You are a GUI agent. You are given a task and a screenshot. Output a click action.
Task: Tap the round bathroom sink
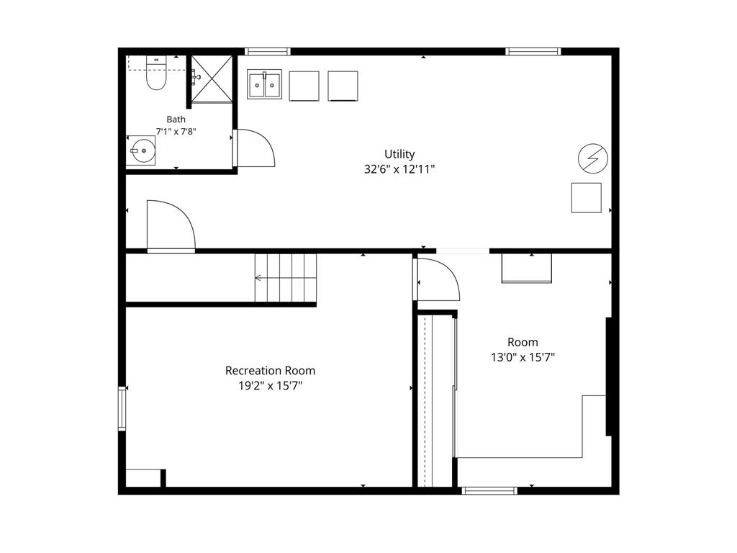[143, 150]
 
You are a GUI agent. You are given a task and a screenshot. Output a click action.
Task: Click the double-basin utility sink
[265, 84]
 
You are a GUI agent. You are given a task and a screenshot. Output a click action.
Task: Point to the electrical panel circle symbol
[593, 158]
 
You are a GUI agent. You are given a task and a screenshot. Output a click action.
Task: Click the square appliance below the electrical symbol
[586, 197]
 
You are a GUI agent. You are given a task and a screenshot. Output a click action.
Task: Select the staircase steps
[286, 278]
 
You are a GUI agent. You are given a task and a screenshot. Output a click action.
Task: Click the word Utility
[399, 154]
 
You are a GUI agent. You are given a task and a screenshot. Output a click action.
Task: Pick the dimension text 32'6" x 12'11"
[399, 169]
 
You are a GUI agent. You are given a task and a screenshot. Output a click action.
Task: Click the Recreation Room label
[271, 371]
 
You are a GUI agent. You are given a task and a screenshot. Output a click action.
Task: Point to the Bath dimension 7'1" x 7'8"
[176, 132]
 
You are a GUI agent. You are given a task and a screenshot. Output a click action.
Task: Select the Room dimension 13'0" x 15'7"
[523, 357]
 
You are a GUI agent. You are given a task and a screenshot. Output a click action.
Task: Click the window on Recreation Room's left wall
[122, 408]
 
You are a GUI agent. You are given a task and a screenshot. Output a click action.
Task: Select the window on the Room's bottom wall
[489, 490]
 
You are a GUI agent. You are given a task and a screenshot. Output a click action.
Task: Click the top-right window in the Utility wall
[533, 51]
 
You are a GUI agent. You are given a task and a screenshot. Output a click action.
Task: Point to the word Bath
[176, 120]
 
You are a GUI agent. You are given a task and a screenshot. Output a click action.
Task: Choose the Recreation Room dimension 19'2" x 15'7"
[271, 386]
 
